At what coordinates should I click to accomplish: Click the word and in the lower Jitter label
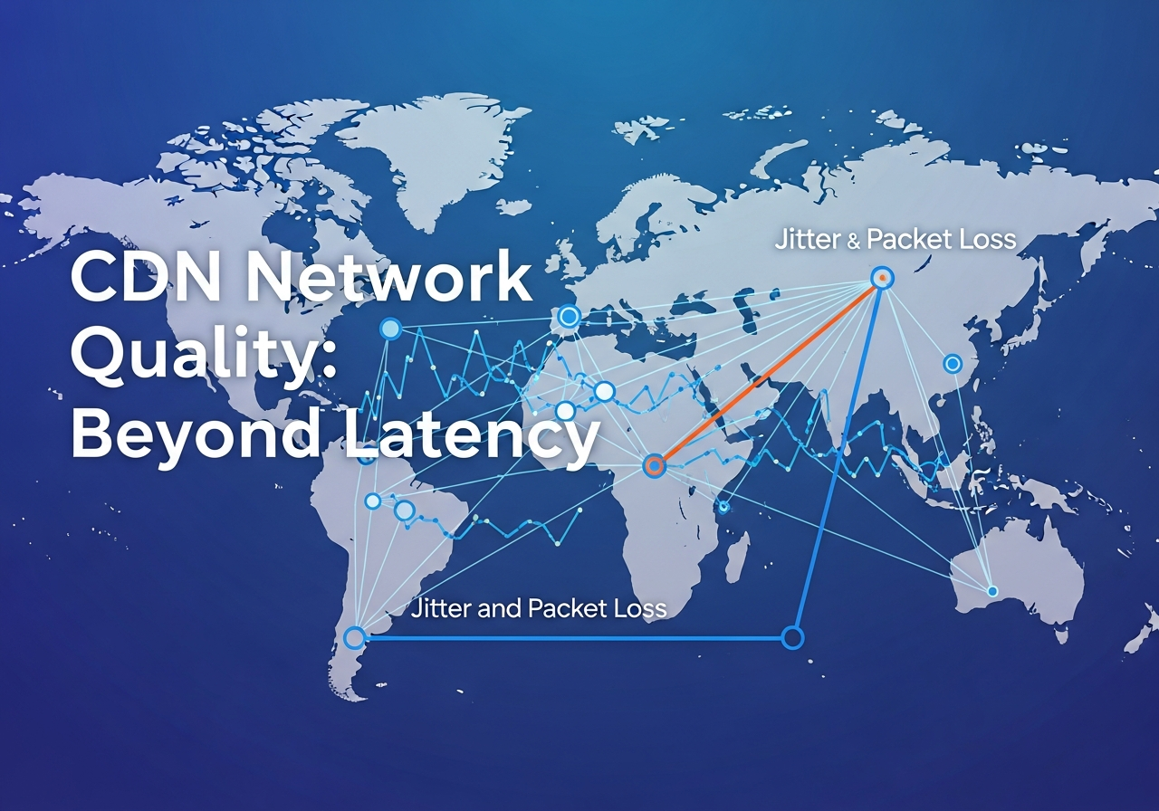[499, 608]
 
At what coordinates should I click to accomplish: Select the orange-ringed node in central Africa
[654, 465]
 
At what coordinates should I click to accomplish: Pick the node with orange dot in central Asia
[882, 277]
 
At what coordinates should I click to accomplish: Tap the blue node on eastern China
[952, 364]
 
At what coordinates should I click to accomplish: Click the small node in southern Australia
[991, 591]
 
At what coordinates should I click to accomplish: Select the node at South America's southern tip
[355, 637]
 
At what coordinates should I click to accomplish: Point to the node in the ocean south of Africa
[792, 637]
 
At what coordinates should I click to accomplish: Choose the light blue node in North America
[390, 329]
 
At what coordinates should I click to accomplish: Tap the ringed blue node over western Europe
[569, 316]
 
